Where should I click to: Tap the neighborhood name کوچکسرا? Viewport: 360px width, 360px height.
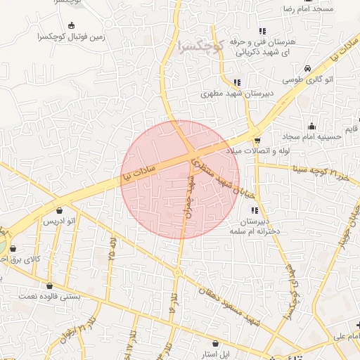pos(201,47)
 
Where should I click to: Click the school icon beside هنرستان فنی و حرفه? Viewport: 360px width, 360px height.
pos(262,31)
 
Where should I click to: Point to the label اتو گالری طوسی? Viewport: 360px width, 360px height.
pos(308,79)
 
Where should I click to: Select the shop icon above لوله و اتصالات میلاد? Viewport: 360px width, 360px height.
pos(257,140)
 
